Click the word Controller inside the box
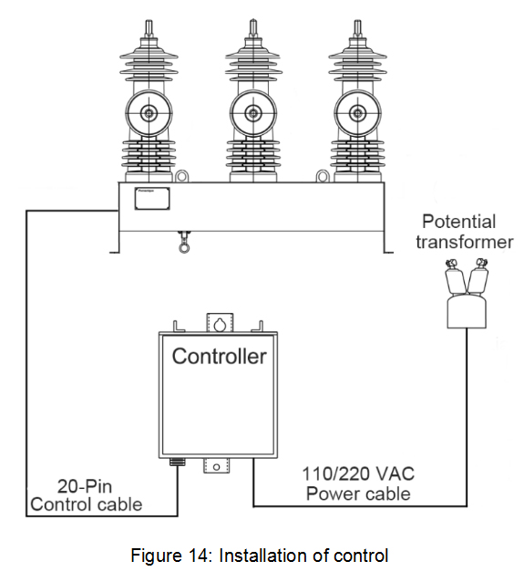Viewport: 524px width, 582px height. click(219, 355)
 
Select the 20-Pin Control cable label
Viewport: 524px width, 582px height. click(87, 494)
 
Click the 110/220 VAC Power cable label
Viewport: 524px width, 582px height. click(357, 484)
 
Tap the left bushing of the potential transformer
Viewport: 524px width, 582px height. click(451, 272)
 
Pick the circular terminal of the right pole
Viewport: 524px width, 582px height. click(355, 114)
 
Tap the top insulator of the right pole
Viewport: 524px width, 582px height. click(355, 55)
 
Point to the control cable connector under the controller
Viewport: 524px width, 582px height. click(177, 462)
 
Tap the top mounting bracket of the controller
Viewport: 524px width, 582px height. click(220, 322)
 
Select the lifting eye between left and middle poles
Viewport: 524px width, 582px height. click(182, 175)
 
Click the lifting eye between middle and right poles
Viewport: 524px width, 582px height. click(324, 175)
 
